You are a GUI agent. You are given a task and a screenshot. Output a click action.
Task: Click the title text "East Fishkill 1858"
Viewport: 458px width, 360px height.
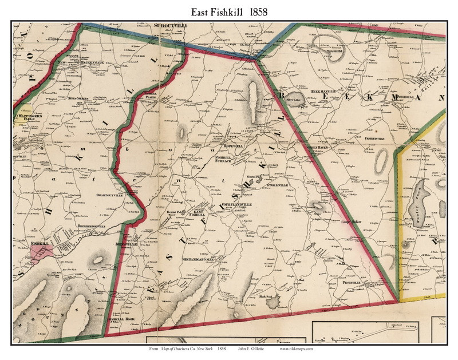pos(228,11)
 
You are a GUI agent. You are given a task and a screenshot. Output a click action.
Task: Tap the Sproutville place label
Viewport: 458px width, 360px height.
pos(171,26)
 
